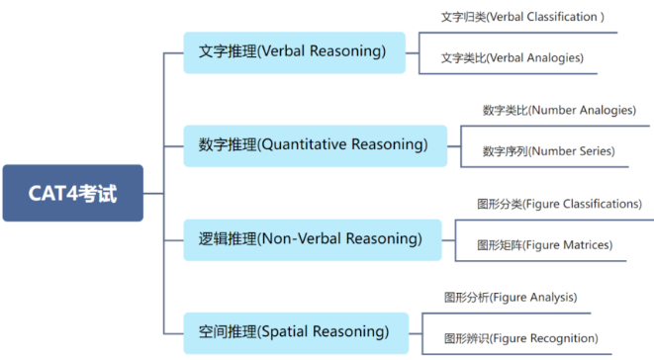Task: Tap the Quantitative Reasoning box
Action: [x=315, y=145]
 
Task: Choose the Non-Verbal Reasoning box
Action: [x=311, y=238]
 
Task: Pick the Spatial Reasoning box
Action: [x=294, y=331]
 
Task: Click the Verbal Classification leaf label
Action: [x=522, y=17]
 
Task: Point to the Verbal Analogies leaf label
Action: [x=512, y=57]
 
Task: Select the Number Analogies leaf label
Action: [x=558, y=110]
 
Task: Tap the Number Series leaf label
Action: [x=548, y=151]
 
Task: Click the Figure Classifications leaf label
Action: [x=559, y=204]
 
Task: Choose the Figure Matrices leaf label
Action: [x=544, y=244]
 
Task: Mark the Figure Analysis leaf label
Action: [x=510, y=297]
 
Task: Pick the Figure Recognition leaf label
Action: [x=520, y=338]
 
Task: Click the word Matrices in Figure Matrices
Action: [x=585, y=244]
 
